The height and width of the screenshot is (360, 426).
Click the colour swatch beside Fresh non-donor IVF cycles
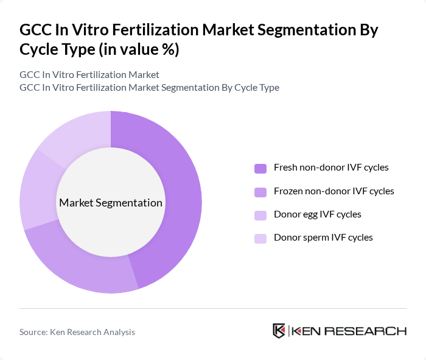pos(260,168)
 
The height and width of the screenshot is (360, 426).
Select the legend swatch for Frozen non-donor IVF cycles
pos(260,192)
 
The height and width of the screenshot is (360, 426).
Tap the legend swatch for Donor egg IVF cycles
pos(260,215)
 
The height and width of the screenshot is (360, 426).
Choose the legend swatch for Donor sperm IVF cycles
pos(260,238)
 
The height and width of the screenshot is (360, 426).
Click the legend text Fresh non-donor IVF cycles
pos(331,168)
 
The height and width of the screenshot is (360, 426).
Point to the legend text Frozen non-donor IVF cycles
pos(334,191)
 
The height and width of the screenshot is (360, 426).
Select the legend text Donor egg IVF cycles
pos(318,214)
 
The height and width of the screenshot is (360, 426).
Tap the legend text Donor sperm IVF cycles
pos(323,238)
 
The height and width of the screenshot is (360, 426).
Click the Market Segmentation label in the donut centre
pos(111,203)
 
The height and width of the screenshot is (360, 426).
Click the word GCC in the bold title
pos(35,29)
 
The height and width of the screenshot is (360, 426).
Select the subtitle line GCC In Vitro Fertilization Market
pos(89,75)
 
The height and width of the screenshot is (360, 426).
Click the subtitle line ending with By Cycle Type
pos(149,88)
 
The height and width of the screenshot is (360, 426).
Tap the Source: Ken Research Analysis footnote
pos(77,332)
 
